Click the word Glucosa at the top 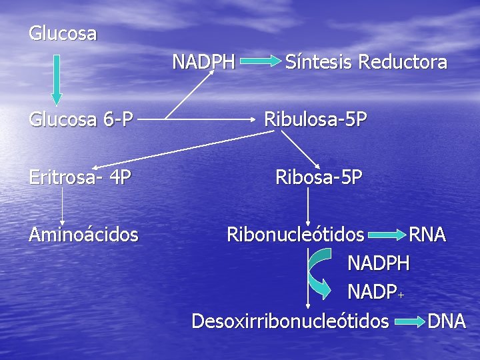click(x=63, y=33)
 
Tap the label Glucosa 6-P click(x=81, y=120)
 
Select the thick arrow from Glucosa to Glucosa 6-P click(x=57, y=79)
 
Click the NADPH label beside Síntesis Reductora click(x=203, y=63)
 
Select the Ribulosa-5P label click(x=315, y=120)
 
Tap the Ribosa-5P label click(x=319, y=177)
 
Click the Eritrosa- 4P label click(x=80, y=177)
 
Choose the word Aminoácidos click(x=83, y=235)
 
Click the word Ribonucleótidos click(x=295, y=235)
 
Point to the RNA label click(x=427, y=235)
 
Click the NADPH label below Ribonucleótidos click(x=379, y=263)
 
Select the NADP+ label click(x=376, y=292)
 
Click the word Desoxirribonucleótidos click(x=290, y=321)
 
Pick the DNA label click(x=446, y=321)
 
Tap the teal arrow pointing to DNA click(x=408, y=322)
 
